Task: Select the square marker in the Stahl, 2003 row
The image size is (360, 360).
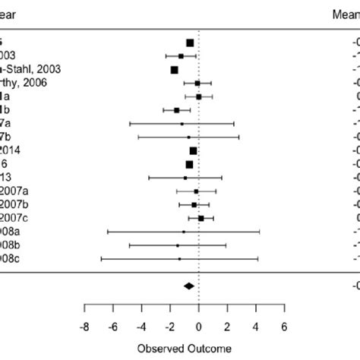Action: (175, 70)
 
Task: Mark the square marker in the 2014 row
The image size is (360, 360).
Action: (193, 151)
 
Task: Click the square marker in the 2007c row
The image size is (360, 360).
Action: (201, 219)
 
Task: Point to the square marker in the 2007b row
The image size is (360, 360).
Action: (194, 205)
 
